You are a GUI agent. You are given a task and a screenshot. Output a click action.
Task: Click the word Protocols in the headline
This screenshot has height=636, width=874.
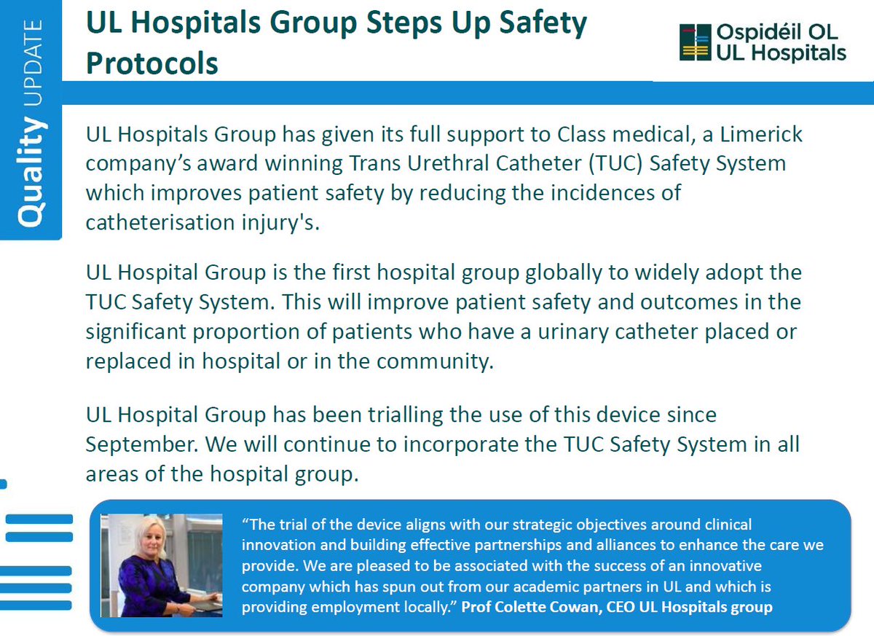pos(152,63)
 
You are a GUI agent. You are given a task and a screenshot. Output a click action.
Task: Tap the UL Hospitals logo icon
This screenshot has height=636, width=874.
pos(695,42)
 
